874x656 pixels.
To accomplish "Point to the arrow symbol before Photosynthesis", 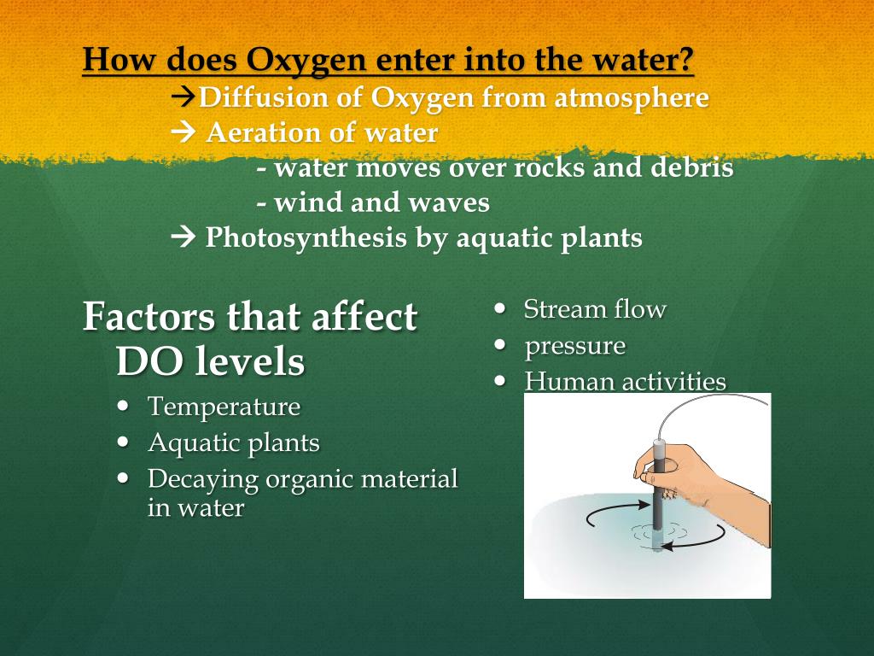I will (184, 237).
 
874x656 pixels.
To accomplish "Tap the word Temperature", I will (224, 407).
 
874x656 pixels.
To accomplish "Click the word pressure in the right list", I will (574, 346).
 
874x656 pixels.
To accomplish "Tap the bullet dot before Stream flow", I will (502, 308).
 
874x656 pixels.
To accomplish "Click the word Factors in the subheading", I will (149, 318).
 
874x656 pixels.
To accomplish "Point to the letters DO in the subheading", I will (145, 362).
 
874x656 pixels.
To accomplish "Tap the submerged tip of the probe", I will (657, 542).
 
